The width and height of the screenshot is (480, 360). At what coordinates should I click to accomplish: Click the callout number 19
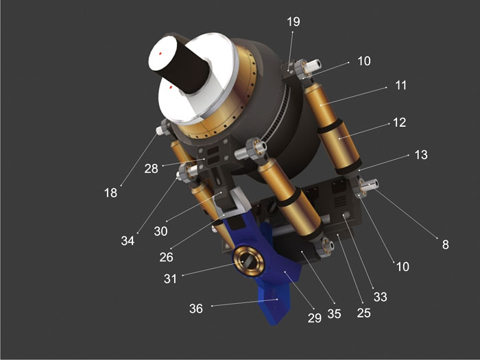coord(293,21)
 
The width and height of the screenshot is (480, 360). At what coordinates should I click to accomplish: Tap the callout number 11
coord(400,85)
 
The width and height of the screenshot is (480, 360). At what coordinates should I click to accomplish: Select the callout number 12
coord(399,123)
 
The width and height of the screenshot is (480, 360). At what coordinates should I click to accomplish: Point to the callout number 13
coord(421,154)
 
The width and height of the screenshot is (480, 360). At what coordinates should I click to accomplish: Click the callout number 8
coord(446,244)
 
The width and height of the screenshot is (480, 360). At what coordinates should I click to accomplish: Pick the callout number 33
coord(380,297)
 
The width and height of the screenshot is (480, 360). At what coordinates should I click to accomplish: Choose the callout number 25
coord(363,313)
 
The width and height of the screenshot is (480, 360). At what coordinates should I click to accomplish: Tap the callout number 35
coord(334,313)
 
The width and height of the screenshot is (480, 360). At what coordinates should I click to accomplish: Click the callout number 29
coord(314,317)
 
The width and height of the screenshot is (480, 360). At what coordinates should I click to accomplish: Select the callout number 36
coord(196,309)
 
